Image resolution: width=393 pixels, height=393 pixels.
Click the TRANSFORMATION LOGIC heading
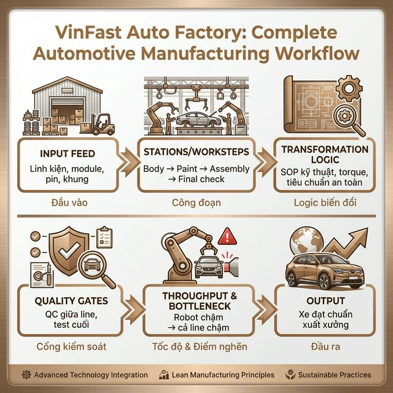point(324,155)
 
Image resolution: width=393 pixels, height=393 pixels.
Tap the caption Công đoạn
point(195,201)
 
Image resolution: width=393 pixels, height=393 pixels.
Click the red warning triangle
point(228,236)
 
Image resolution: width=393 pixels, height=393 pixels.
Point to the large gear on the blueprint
point(351,91)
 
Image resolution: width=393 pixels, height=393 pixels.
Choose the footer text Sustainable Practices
point(334,375)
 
